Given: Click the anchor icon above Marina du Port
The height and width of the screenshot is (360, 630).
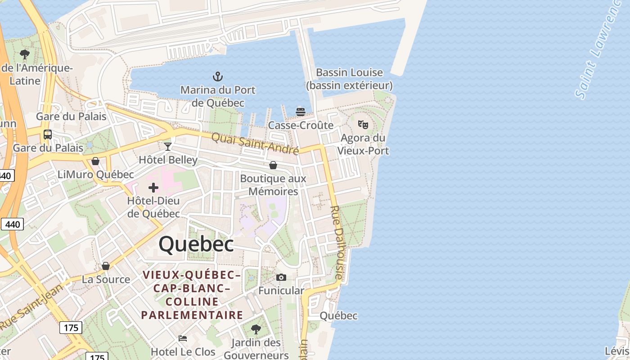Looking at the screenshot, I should point(218,76).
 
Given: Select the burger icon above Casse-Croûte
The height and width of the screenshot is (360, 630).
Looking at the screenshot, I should point(301,112).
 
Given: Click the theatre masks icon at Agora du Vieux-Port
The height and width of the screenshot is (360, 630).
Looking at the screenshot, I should point(363,124).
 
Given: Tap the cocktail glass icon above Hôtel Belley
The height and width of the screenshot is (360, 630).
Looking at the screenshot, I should point(168,146).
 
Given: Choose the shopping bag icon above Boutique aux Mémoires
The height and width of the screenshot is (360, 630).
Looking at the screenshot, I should point(273,165).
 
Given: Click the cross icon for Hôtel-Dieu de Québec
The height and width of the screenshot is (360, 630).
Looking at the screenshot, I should point(153,187).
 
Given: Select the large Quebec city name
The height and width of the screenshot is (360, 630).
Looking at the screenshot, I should point(196,244).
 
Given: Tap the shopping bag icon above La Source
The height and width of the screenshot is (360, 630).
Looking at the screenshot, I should point(106,266).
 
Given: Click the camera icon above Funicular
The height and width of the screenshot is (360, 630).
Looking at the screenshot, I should point(281,277).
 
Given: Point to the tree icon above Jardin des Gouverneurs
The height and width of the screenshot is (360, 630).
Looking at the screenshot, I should point(256,329).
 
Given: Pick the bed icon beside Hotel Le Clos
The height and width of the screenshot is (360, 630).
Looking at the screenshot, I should point(183,338).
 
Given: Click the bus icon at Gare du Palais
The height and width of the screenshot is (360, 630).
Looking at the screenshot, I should point(47,134).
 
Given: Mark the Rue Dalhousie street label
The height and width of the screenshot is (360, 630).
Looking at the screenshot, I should point(337,243).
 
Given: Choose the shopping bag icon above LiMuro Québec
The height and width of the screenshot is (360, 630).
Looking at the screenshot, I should point(95,161).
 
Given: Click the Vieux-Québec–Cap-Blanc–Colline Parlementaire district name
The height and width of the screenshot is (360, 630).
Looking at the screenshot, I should point(192,295).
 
